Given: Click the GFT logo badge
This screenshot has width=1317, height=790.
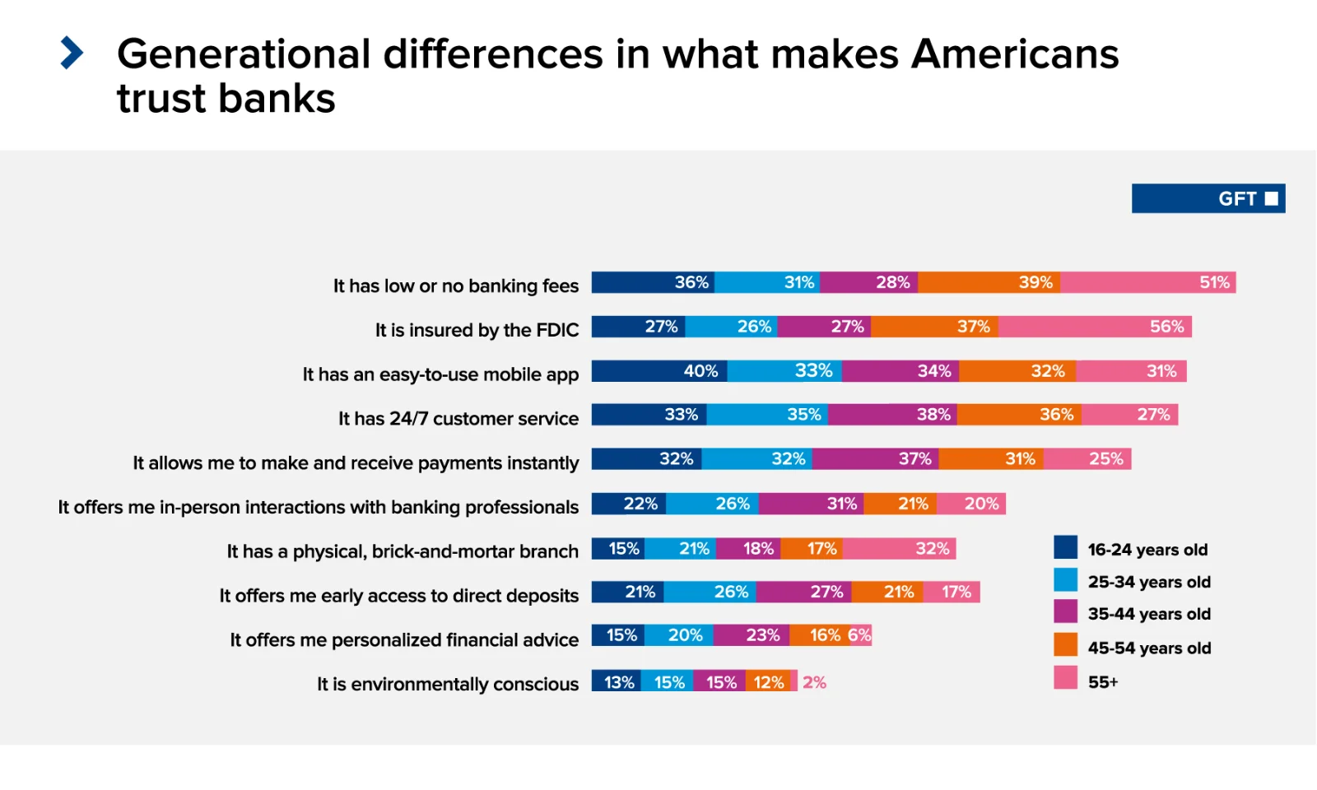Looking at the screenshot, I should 1208,198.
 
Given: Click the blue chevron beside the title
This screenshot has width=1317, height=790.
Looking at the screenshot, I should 72,53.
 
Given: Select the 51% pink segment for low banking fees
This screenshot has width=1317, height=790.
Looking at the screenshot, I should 1147,282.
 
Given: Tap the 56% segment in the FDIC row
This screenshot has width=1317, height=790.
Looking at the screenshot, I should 1095,327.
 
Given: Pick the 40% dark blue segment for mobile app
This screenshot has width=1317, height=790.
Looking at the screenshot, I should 658,371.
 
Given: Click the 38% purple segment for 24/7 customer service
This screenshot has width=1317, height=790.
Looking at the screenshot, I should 892,415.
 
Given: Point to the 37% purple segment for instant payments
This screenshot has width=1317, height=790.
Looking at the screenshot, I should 875,459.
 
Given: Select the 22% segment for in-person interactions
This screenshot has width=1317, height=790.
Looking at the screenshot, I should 629,504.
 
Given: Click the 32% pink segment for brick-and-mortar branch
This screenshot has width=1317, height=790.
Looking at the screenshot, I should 899,548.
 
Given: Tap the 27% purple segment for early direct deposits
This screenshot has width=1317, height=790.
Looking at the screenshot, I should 804,592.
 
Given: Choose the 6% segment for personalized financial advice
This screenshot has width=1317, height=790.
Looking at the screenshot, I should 859,635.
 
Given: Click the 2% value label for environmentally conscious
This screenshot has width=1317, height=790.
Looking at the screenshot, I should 814,682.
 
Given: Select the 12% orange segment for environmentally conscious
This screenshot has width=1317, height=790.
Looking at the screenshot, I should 768,681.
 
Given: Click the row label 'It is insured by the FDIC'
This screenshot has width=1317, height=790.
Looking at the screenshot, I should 477,330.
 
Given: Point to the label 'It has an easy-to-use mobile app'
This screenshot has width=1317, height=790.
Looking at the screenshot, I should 440,374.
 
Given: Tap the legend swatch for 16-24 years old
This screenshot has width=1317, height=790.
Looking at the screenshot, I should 1065,547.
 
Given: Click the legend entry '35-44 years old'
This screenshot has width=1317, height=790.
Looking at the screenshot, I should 1148,614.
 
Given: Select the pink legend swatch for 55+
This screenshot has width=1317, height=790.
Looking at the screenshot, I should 1065,678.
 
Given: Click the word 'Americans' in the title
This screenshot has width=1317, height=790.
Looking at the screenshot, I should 1014,54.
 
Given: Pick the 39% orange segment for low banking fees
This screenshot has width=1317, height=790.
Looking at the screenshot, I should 989,282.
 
